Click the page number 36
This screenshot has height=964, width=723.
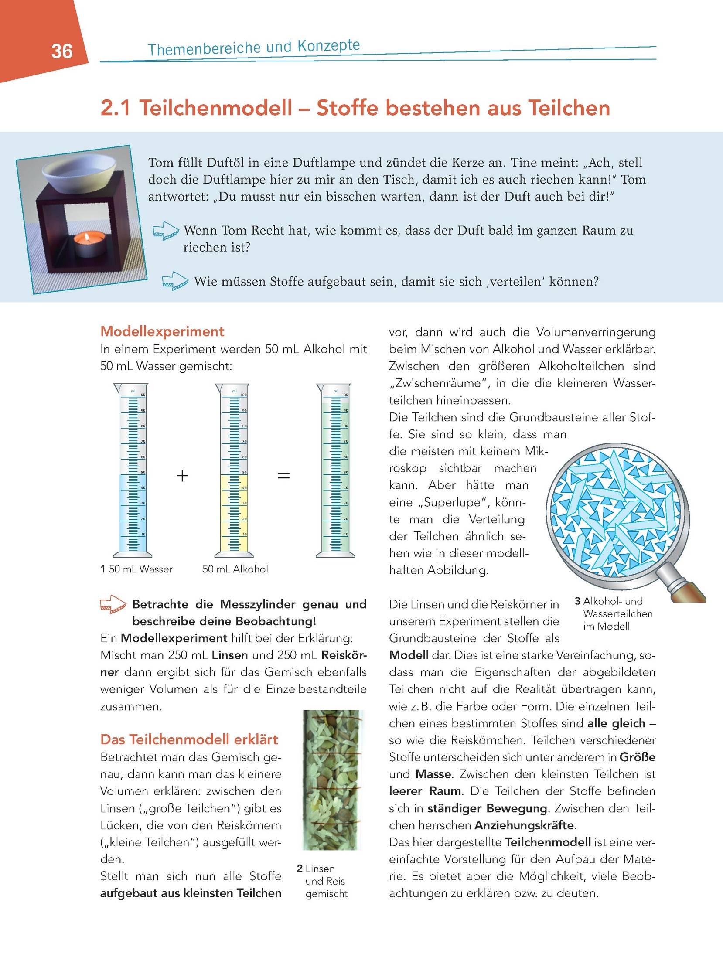coord(62,51)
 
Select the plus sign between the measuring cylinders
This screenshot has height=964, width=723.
coord(182,475)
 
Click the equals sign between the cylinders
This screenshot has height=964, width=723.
coord(284,475)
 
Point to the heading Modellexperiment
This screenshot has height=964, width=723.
coord(162,332)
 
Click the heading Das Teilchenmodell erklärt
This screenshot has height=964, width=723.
coord(189,739)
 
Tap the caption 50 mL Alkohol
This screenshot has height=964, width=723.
coord(235,569)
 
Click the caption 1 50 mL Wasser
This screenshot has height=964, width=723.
coord(136,569)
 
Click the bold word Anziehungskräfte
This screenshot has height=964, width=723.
coord(525,825)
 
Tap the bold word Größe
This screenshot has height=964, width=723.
coord(638,757)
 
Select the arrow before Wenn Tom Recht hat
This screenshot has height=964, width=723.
coord(166,231)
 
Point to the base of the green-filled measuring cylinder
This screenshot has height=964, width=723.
coord(335,555)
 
